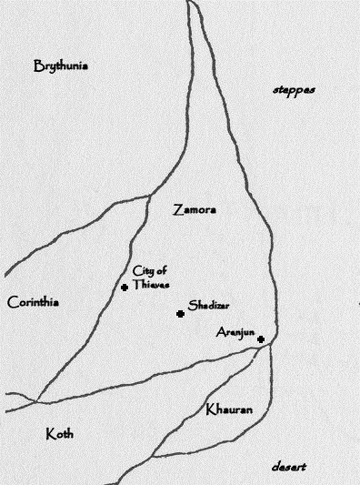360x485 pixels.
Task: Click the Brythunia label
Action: (60, 66)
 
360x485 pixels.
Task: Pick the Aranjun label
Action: (234, 332)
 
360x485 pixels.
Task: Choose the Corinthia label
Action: (33, 302)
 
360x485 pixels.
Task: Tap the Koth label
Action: (59, 435)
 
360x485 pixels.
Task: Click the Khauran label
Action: (229, 409)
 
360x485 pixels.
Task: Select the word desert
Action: (288, 467)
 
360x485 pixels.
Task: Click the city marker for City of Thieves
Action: (125, 288)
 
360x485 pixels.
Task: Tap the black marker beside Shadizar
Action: (180, 314)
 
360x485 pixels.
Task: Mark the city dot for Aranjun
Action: (261, 339)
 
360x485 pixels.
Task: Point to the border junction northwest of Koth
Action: (37, 401)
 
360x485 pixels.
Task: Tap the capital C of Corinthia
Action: (11, 302)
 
